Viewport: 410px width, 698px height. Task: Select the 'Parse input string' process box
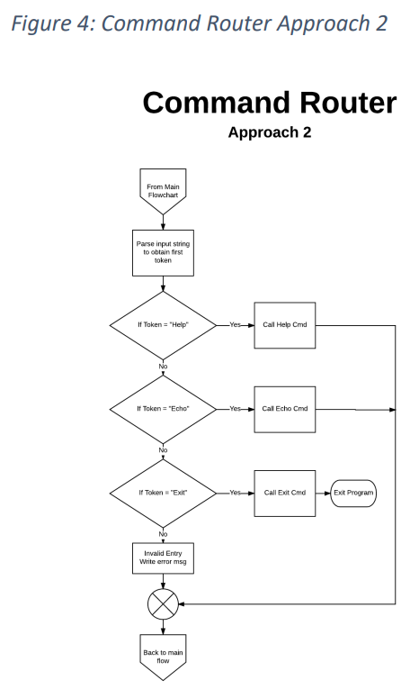pyautogui.click(x=163, y=254)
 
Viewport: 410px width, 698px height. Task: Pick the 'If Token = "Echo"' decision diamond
pyautogui.click(x=163, y=408)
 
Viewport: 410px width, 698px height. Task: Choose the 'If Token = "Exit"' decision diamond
pyautogui.click(x=163, y=493)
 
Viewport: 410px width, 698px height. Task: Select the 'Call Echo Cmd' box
pyautogui.click(x=285, y=408)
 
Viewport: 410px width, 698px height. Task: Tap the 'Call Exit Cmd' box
pyautogui.click(x=285, y=493)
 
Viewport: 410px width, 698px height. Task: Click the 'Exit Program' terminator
pyautogui.click(x=352, y=493)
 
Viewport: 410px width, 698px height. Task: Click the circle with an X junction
pyautogui.click(x=163, y=603)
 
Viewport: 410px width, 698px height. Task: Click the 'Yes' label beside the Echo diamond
pyautogui.click(x=236, y=408)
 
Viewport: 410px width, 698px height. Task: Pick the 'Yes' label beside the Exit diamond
pyautogui.click(x=236, y=493)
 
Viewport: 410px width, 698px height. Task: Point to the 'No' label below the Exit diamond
pyautogui.click(x=163, y=534)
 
